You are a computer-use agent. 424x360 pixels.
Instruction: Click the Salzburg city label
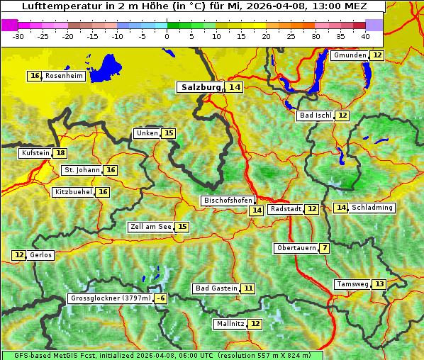tap(200, 87)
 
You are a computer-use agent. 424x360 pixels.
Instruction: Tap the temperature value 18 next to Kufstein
tap(61, 153)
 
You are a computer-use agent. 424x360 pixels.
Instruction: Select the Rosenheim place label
tap(64, 76)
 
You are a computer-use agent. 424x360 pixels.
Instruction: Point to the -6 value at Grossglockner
tap(161, 299)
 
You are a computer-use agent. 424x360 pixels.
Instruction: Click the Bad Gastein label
tap(216, 288)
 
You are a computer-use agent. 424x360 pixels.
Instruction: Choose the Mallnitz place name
tap(230, 324)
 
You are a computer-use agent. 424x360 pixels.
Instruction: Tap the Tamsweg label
tap(352, 284)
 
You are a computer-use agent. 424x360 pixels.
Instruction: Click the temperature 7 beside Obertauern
tap(324, 248)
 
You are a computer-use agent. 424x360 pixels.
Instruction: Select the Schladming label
tap(372, 208)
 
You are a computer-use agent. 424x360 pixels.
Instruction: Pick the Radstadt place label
tap(286, 209)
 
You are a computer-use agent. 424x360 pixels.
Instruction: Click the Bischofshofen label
tap(227, 201)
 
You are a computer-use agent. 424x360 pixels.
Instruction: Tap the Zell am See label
tap(151, 227)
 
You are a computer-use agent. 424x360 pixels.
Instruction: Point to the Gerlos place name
tap(41, 255)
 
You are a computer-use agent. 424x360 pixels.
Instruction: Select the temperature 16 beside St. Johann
tap(111, 170)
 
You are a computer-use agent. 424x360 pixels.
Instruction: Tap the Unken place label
tap(147, 133)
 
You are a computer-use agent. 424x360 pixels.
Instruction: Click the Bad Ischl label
tap(315, 116)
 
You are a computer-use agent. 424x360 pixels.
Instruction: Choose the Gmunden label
tap(350, 55)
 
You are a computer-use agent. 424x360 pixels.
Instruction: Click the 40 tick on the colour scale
tap(365, 35)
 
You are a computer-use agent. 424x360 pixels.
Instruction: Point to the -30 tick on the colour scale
tap(18, 35)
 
